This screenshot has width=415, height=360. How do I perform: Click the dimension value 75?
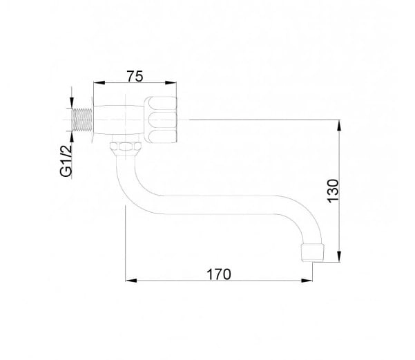(135, 77)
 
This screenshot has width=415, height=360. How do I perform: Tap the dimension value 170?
(219, 274)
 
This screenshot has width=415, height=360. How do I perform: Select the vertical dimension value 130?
(333, 191)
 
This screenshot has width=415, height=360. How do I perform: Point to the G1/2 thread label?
(66, 161)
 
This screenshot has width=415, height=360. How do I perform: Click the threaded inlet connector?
(82, 120)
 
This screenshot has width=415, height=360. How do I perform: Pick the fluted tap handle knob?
(160, 120)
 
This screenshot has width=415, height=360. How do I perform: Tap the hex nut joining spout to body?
(126, 146)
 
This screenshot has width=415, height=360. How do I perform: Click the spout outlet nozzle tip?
(313, 253)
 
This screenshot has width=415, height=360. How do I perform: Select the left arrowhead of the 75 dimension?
(99, 83)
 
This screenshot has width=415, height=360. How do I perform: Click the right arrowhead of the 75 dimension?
(171, 83)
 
